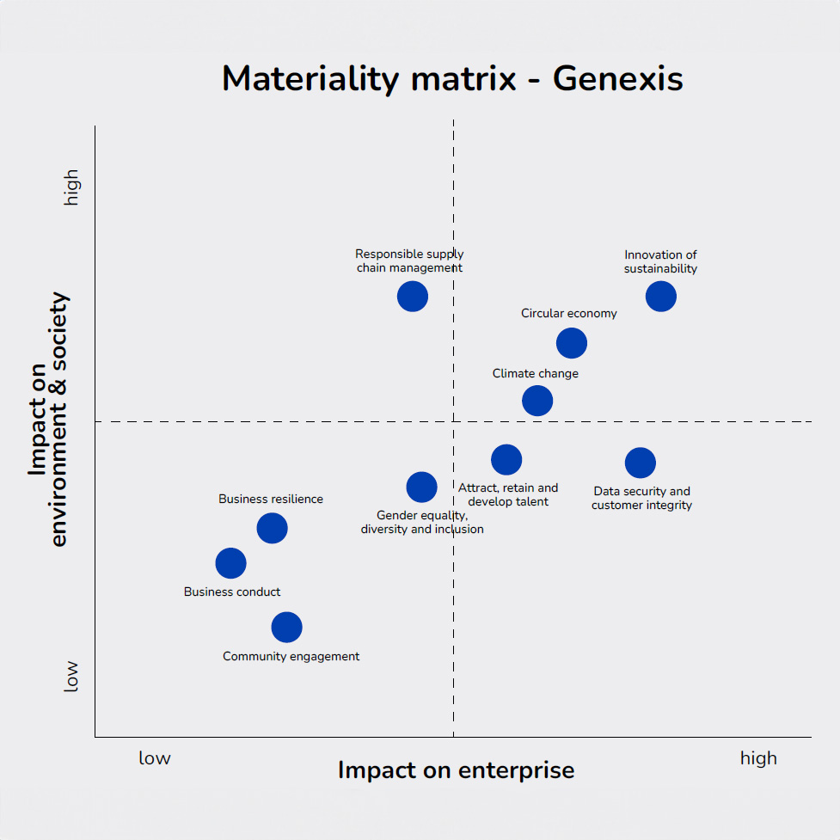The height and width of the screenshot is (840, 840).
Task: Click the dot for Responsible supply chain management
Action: pos(413,296)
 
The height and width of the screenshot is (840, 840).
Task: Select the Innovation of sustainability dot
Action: pos(661,296)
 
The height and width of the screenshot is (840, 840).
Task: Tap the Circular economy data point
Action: pos(572,343)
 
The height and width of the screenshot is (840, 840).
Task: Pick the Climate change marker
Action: pos(537,401)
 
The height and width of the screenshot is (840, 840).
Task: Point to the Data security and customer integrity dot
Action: pos(641,463)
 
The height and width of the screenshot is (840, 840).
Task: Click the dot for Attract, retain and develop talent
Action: pos(506,459)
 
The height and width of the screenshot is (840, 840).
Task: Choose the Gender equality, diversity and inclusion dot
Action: pos(421,487)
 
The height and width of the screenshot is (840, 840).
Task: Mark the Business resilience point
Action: pos(272,528)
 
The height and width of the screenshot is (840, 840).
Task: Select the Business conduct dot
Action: pos(230,563)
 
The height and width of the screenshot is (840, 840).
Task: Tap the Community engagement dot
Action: pos(287,627)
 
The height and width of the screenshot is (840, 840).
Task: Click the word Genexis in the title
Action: pos(617,79)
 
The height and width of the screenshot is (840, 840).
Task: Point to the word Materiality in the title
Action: pos(313,79)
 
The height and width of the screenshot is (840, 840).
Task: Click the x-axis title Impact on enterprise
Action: pos(456,769)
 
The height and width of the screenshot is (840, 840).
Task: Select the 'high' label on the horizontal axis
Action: pos(758,758)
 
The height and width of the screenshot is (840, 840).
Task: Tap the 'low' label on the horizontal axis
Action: pos(155,758)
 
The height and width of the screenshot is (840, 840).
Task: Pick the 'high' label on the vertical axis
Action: pos(71,187)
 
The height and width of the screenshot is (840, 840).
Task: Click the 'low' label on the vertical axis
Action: pos(71,676)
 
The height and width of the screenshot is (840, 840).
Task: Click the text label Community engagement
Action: pos(291,657)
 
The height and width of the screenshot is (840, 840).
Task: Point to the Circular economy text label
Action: pos(569,314)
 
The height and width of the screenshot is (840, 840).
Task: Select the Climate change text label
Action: pos(536,374)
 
